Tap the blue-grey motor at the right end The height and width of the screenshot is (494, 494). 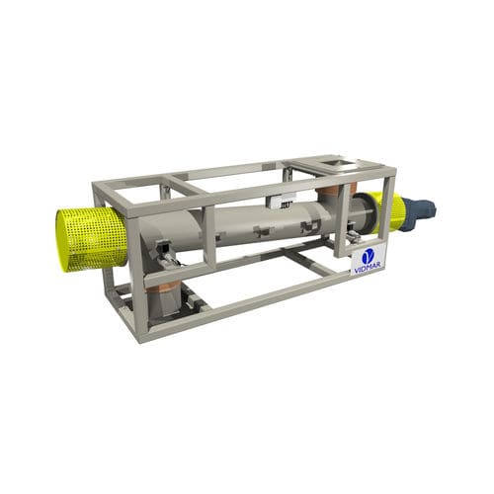pos(419,208)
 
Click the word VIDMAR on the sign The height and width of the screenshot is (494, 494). pos(369,269)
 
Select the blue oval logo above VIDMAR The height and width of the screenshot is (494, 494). pos(369,257)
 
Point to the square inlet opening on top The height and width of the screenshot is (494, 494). pos(336,162)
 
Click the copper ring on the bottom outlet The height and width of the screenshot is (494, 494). pos(163,288)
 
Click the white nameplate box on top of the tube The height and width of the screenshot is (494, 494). pos(281,202)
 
